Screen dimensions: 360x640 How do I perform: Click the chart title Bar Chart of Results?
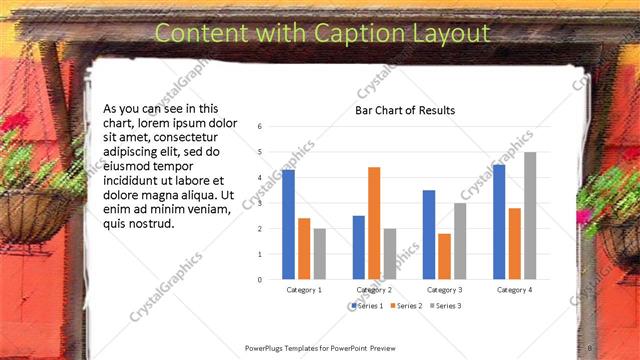[x=405, y=110]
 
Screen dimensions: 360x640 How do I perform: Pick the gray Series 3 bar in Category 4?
[x=530, y=215]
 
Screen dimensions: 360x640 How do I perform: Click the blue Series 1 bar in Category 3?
[x=429, y=234]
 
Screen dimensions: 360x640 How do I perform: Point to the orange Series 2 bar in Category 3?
[x=444, y=256]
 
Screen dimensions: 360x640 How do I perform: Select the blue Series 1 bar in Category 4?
[x=499, y=221]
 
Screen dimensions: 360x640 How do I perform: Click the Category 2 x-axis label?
[x=374, y=290]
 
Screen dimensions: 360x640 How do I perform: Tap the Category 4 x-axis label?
[x=515, y=290]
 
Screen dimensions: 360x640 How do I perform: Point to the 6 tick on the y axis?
[x=260, y=127]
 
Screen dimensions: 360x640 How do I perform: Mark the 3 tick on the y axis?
[x=260, y=203]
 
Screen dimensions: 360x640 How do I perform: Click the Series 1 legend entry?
[x=367, y=305]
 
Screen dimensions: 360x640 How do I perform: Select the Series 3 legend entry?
[x=445, y=305]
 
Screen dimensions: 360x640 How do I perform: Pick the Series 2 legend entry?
[x=406, y=305]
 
